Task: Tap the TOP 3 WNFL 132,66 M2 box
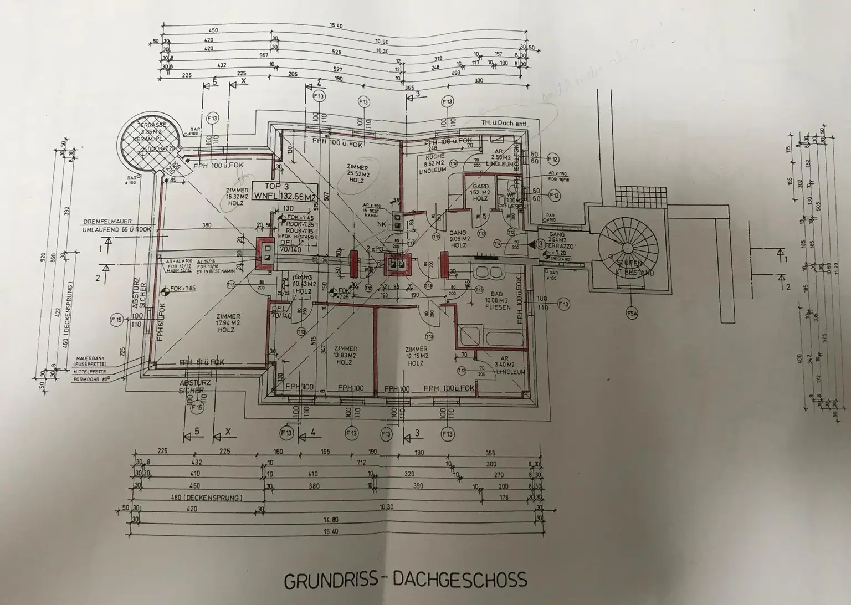(x=284, y=191)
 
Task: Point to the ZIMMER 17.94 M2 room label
(x=228, y=322)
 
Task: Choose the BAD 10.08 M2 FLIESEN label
(x=497, y=300)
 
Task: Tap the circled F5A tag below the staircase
(x=632, y=314)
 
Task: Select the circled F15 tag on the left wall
(x=116, y=320)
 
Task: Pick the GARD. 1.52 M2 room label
(x=480, y=192)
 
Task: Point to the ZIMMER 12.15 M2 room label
(x=416, y=356)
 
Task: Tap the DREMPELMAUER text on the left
(x=108, y=221)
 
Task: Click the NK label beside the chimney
(x=382, y=224)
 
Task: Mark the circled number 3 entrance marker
(x=540, y=244)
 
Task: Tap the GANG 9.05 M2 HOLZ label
(x=459, y=239)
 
